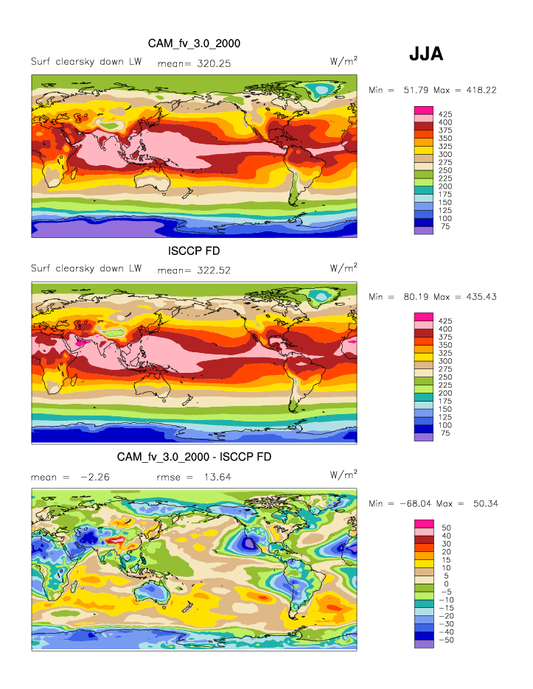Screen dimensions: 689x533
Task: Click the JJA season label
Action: pyautogui.click(x=425, y=54)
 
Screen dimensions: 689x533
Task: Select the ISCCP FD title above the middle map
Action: pyautogui.click(x=194, y=251)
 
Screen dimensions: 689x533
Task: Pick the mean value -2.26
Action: pyautogui.click(x=92, y=478)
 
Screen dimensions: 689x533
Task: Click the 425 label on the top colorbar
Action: pyautogui.click(x=445, y=114)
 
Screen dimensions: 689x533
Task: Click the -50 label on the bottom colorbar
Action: pyautogui.click(x=447, y=640)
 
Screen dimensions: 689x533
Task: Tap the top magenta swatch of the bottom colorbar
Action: pyautogui.click(x=424, y=523)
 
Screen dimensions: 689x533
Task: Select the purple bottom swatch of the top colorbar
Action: pyautogui.click(x=424, y=231)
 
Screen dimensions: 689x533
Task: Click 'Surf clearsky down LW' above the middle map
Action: pyautogui.click(x=86, y=268)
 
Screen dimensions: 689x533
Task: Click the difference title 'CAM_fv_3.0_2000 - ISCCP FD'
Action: pyautogui.click(x=194, y=457)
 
